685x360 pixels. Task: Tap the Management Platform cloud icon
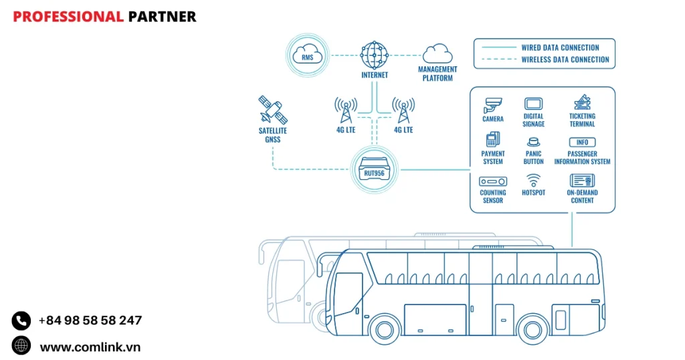coord(437,53)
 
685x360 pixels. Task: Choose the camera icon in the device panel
coord(493,104)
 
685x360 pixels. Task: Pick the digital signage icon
coord(533,104)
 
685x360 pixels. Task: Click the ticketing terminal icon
coord(582,102)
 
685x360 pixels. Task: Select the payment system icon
coord(493,140)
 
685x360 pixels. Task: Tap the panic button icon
coord(533,142)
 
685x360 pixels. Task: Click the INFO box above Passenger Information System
coord(582,142)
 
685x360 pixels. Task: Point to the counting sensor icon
coord(493,181)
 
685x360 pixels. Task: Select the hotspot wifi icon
coord(533,180)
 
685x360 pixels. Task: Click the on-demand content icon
coord(582,180)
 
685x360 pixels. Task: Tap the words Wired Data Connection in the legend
coord(560,48)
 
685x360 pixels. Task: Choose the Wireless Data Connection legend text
coord(565,60)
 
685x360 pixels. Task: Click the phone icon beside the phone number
coord(21,321)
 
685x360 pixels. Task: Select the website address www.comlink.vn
coord(90,347)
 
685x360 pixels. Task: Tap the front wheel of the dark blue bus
coord(385,329)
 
